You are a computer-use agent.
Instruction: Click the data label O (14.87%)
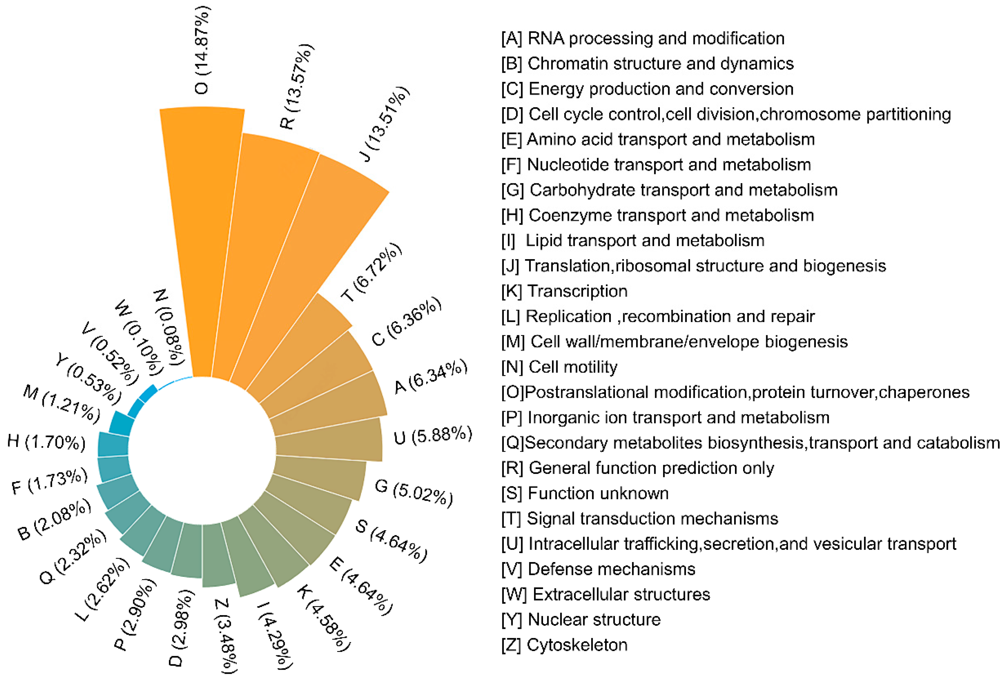coord(202,50)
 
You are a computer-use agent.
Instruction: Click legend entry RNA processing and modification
coord(643,38)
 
